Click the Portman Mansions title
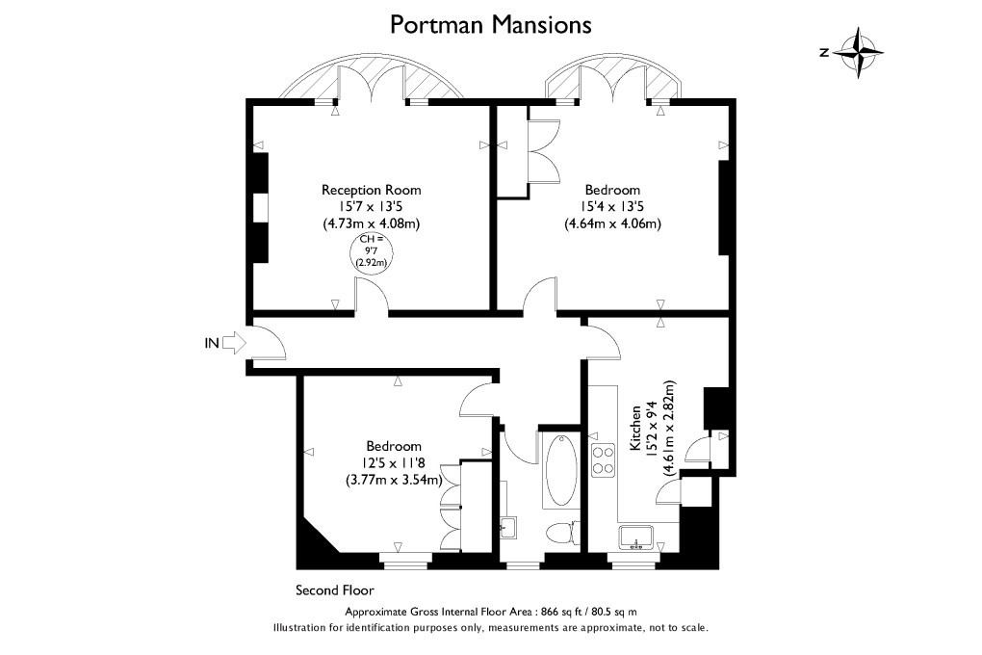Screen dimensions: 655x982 tap(490, 24)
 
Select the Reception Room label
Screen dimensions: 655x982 tap(371, 190)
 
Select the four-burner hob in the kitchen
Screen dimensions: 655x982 tap(604, 460)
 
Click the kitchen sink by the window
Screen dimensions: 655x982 tap(635, 537)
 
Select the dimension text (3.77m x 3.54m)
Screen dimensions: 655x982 tap(394, 480)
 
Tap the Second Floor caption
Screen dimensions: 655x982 tap(334, 589)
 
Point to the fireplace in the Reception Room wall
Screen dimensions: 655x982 tap(260, 208)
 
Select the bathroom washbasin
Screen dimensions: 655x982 tap(508, 525)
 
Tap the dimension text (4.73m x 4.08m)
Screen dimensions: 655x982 tap(371, 223)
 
